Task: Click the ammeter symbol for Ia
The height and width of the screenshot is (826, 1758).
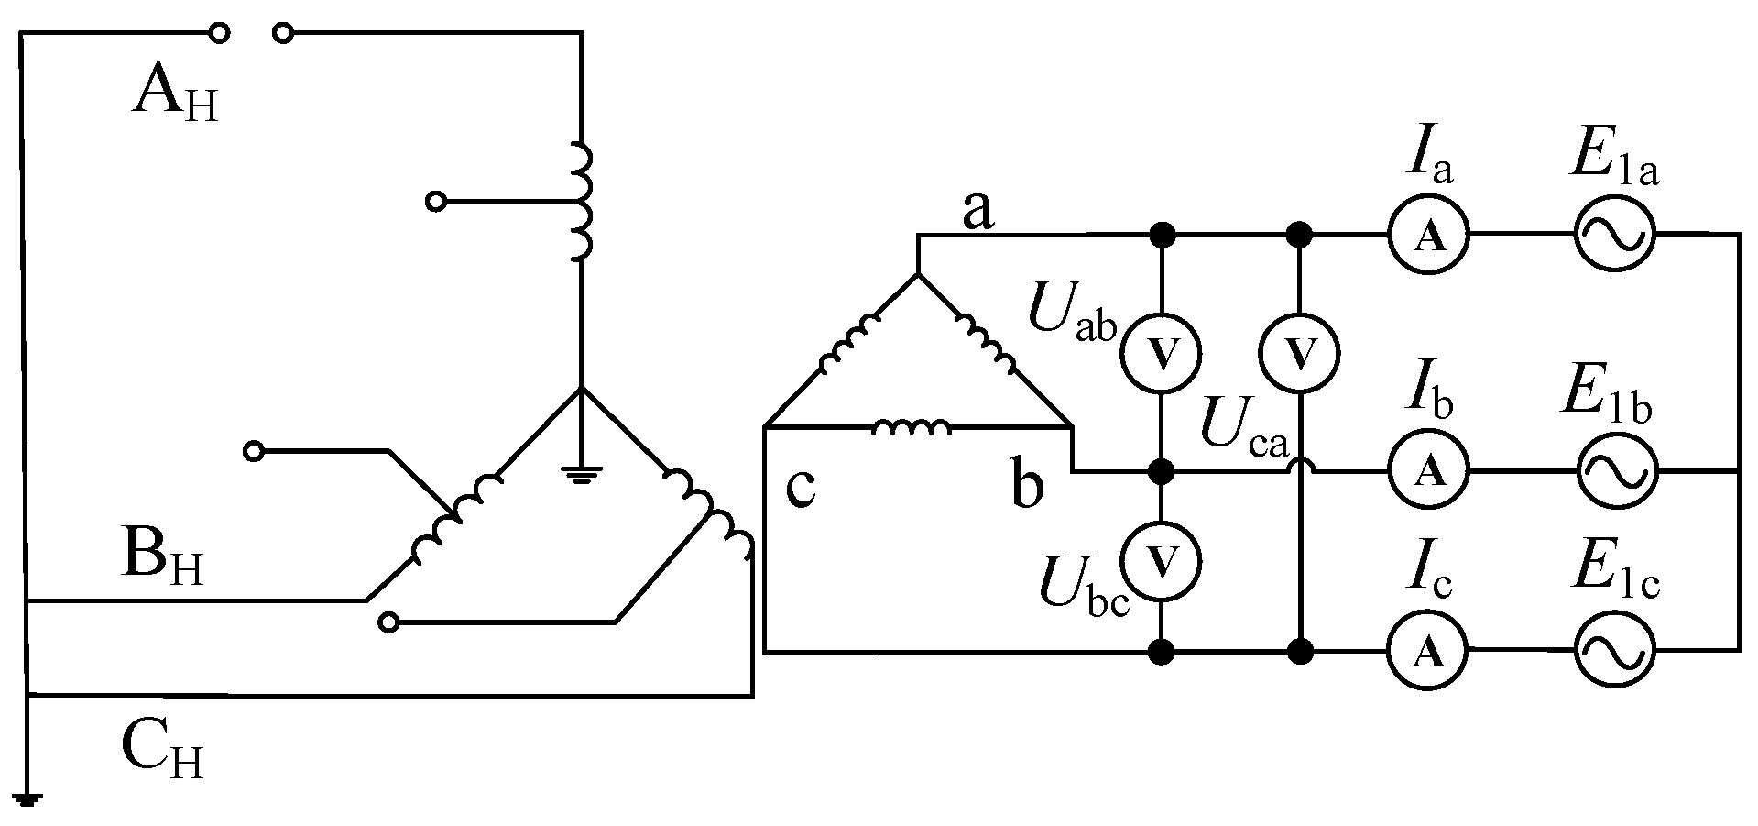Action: [x=1428, y=236]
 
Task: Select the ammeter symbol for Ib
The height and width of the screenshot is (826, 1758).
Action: [x=1428, y=470]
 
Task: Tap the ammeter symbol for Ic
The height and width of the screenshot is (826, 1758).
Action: [x=1426, y=651]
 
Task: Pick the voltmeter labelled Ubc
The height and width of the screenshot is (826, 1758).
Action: [x=1162, y=561]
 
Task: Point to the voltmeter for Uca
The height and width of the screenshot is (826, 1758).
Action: [x=1299, y=353]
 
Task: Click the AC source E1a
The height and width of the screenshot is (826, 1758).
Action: [x=1613, y=235]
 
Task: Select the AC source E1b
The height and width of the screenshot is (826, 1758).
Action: [x=1616, y=470]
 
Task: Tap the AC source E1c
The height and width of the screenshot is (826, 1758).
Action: [x=1614, y=651]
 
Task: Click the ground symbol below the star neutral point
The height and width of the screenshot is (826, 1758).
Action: [x=582, y=474]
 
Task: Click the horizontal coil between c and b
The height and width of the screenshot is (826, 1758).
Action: [x=912, y=427]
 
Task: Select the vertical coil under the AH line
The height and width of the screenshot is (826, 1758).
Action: [x=581, y=201]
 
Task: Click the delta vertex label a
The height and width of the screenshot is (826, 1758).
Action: [x=977, y=213]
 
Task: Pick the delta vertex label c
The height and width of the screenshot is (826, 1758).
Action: [x=801, y=489]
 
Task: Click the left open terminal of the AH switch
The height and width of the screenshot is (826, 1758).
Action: [x=219, y=34]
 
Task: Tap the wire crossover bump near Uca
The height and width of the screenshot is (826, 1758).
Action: [x=1299, y=467]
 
